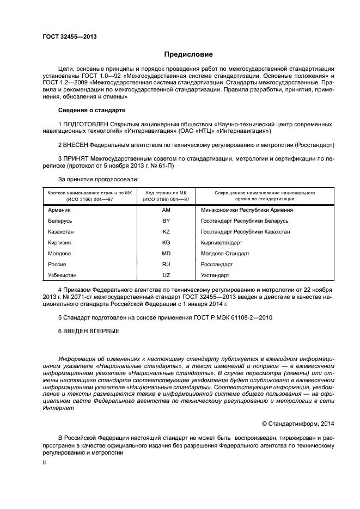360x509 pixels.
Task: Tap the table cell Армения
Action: point(59,210)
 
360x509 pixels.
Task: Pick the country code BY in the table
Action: point(166,220)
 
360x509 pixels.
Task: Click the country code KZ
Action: point(166,231)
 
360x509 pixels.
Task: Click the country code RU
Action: point(166,264)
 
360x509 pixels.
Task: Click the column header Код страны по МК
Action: point(166,193)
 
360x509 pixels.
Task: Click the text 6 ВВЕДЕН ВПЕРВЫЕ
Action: point(88,331)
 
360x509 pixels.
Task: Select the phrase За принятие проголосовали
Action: point(98,179)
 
